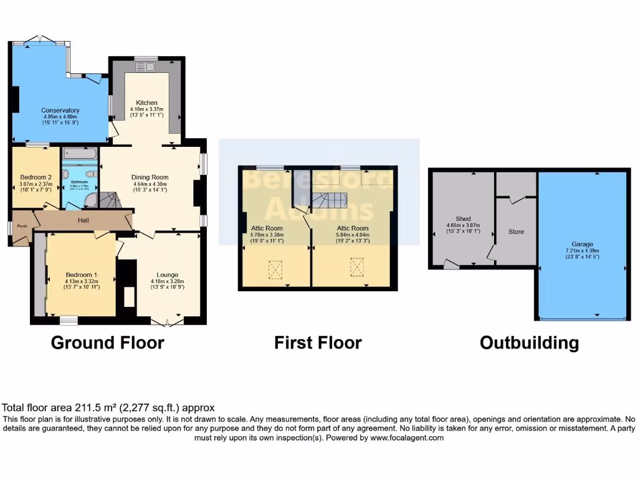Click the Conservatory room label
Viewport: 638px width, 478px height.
[x=60, y=110]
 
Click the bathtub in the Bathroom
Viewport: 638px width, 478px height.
[x=79, y=153]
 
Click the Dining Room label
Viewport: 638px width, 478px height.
[x=150, y=177]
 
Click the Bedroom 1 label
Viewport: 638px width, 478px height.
[x=82, y=274]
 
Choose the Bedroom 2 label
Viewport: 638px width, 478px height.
[x=36, y=177]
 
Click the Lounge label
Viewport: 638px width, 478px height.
[x=168, y=274]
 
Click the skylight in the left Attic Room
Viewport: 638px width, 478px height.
[x=275, y=268]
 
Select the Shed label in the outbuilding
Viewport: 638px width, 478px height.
[x=463, y=218]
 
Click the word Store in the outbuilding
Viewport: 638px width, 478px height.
[x=516, y=232]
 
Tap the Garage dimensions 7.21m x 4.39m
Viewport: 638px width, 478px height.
[x=583, y=251]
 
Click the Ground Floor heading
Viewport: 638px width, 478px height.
[x=107, y=342]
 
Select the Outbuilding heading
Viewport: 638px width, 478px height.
[x=529, y=342]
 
